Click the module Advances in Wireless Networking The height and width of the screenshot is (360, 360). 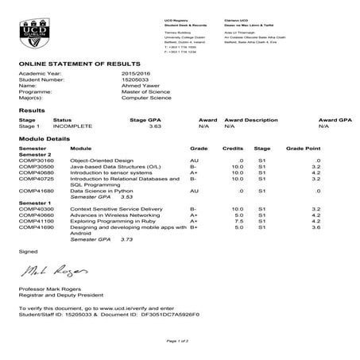pos(110,215)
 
